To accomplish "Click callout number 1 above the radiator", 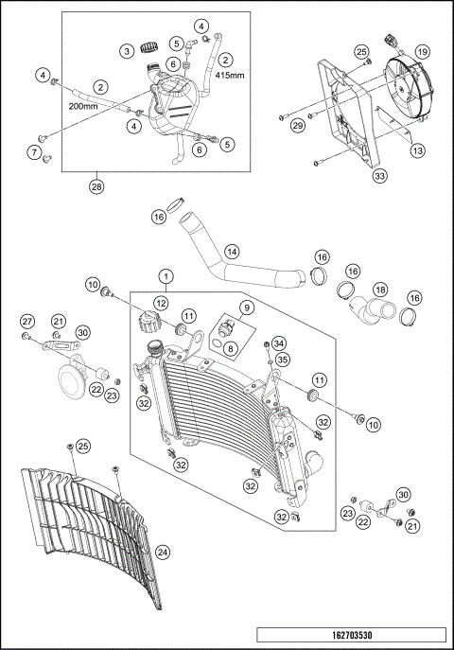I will point(166,278).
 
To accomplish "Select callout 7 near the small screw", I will point(34,152).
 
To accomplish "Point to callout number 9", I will point(245,307).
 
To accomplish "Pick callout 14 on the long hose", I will point(231,253).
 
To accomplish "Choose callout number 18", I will point(379,289).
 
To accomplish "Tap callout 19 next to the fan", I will point(423,51).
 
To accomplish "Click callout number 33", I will point(379,176).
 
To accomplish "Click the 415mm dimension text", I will point(230,73).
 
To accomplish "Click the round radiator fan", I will point(412,85).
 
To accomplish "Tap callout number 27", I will point(27,322).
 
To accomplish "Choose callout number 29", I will point(297,125).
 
